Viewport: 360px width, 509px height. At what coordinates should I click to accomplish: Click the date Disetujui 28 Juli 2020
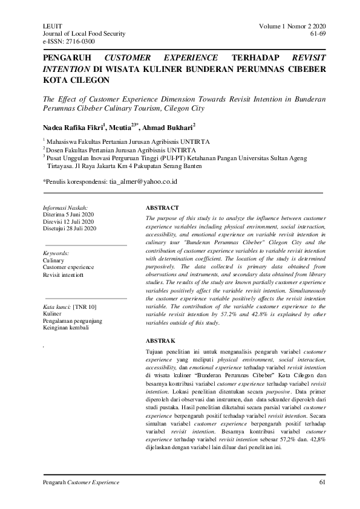[x=70, y=229]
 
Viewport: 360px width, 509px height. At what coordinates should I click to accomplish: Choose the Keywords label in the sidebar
[x=56, y=253]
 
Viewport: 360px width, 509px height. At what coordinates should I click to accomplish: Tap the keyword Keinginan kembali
[x=65, y=328]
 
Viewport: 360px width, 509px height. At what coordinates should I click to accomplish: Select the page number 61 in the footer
[x=322, y=482]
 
